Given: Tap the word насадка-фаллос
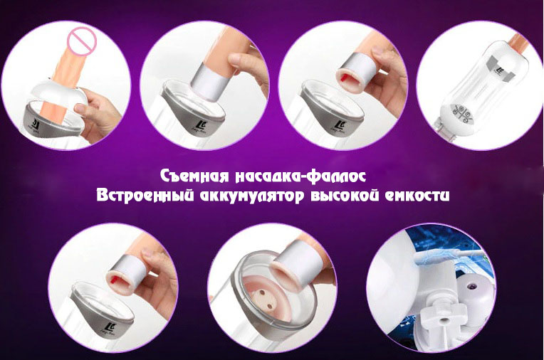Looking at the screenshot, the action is (300, 176).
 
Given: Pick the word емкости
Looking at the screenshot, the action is (417, 196).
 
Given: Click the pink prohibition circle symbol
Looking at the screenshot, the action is (82, 41).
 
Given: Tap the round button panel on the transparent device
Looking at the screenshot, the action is (463, 113).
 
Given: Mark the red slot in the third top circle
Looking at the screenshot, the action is (346, 77).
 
